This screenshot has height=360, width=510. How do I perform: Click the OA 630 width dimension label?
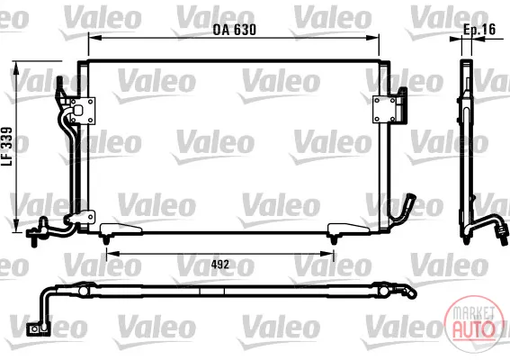234,30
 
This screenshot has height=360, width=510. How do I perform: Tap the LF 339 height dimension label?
7,147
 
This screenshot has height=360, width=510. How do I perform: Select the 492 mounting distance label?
220,265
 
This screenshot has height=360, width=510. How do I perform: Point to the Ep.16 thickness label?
479,30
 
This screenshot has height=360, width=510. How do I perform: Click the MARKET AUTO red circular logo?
472,323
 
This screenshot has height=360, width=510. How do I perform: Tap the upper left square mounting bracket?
83,111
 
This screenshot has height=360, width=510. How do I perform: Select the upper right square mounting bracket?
384,110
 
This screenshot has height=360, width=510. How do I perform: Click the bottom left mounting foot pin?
105,240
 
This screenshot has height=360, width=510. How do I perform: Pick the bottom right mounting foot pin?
333,240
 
